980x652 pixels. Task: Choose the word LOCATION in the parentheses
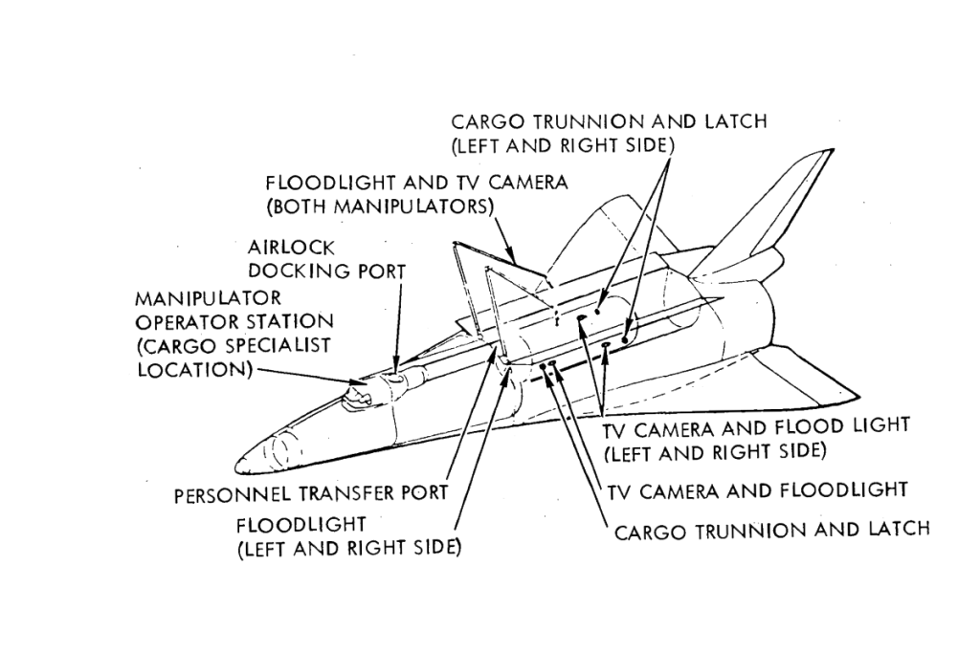pos(191,369)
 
